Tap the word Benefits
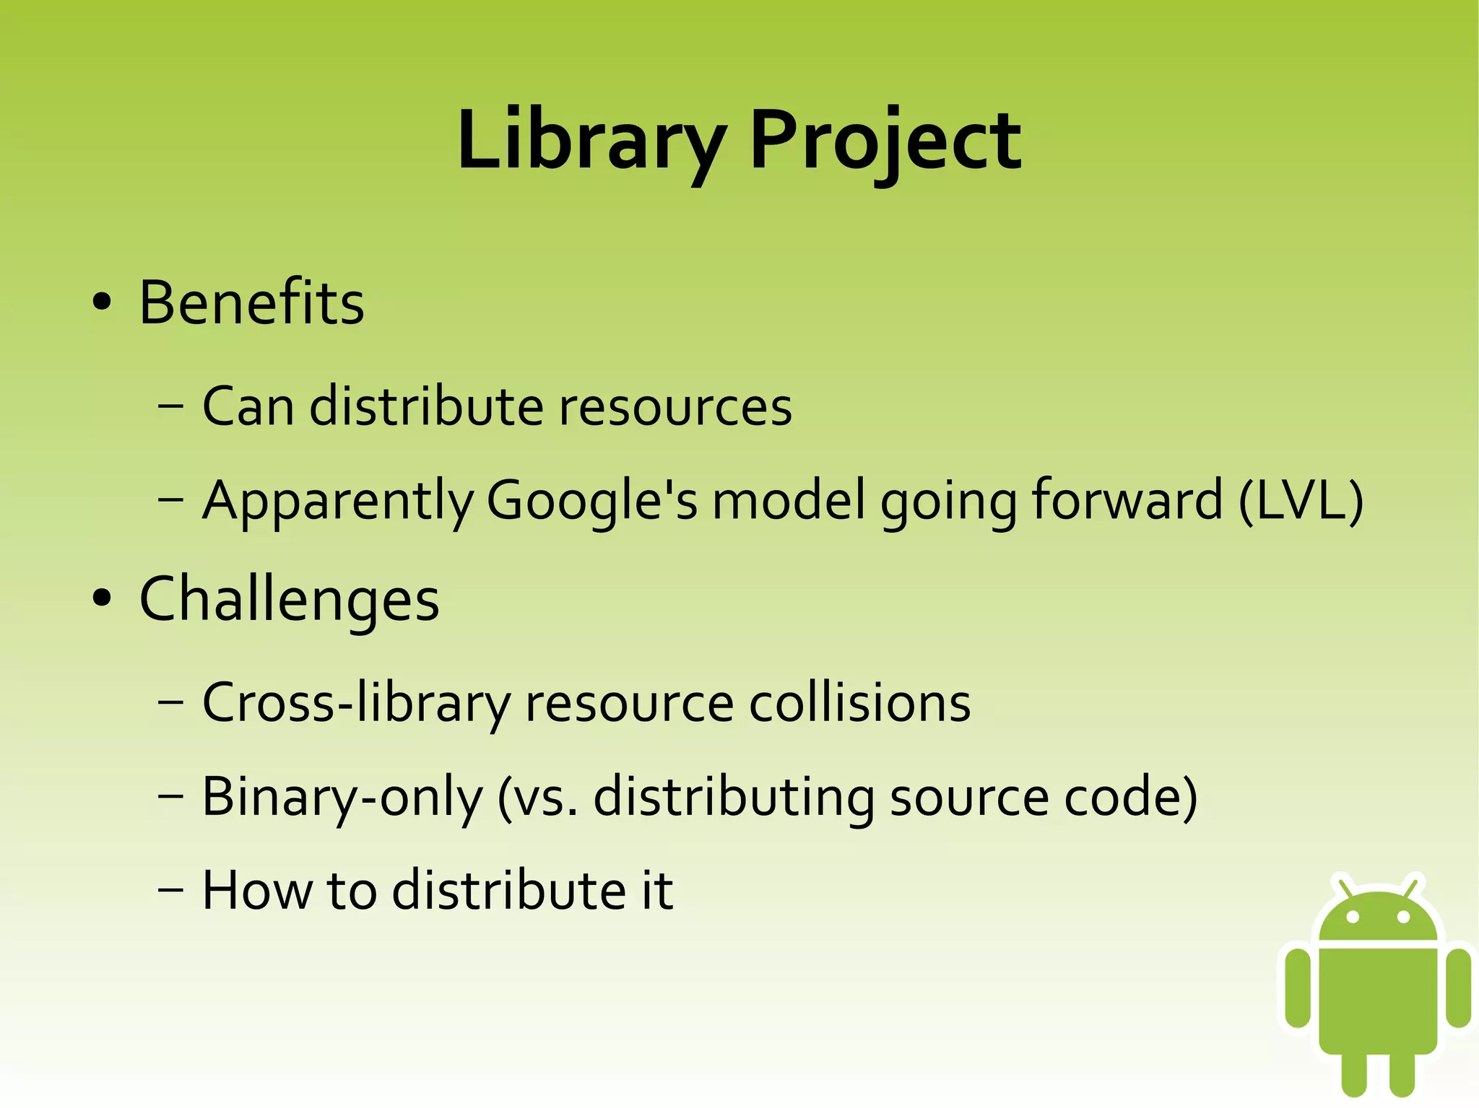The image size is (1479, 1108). click(x=251, y=302)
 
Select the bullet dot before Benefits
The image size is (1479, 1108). click(x=102, y=302)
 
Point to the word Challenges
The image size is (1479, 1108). click(x=289, y=599)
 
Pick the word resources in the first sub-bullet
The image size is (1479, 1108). click(x=675, y=406)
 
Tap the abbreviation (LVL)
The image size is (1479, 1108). click(x=1301, y=500)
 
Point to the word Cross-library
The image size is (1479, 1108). click(x=356, y=702)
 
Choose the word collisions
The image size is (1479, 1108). click(x=859, y=702)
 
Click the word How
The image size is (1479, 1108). click(x=257, y=890)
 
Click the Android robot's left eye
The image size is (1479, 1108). click(x=1353, y=917)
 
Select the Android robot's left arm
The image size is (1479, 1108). click(x=1298, y=987)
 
